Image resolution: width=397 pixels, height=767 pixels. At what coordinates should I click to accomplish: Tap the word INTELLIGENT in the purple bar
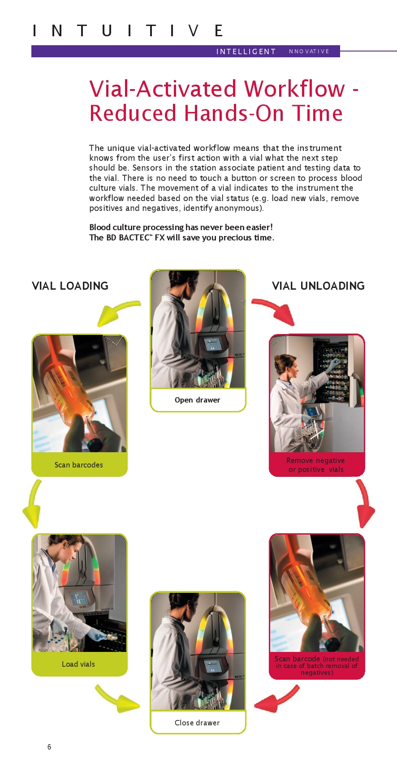click(246, 51)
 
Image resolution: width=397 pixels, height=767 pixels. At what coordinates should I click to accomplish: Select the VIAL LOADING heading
click(70, 286)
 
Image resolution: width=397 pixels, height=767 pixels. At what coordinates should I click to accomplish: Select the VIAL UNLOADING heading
click(318, 286)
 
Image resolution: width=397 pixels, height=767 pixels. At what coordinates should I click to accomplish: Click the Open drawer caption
click(197, 400)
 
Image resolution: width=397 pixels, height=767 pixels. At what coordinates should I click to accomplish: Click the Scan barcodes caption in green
click(79, 465)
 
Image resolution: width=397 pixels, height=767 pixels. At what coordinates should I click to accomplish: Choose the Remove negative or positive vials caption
click(316, 465)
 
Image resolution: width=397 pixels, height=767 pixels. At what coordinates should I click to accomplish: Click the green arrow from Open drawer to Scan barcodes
click(117, 310)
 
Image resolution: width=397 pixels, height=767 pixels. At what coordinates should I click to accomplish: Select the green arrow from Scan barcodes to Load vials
click(33, 503)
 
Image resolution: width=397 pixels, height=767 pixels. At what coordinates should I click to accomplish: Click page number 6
click(49, 747)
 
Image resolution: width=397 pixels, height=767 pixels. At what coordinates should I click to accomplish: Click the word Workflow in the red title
click(294, 88)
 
